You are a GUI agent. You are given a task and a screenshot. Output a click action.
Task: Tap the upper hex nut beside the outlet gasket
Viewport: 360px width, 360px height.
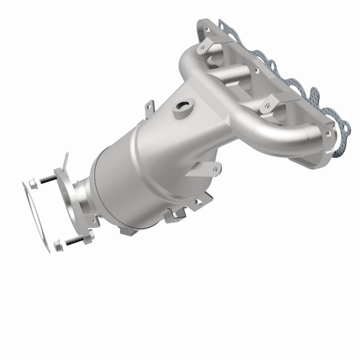coord(32,183)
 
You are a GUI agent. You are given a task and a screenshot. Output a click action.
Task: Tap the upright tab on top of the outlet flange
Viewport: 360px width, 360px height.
coord(66,160)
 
